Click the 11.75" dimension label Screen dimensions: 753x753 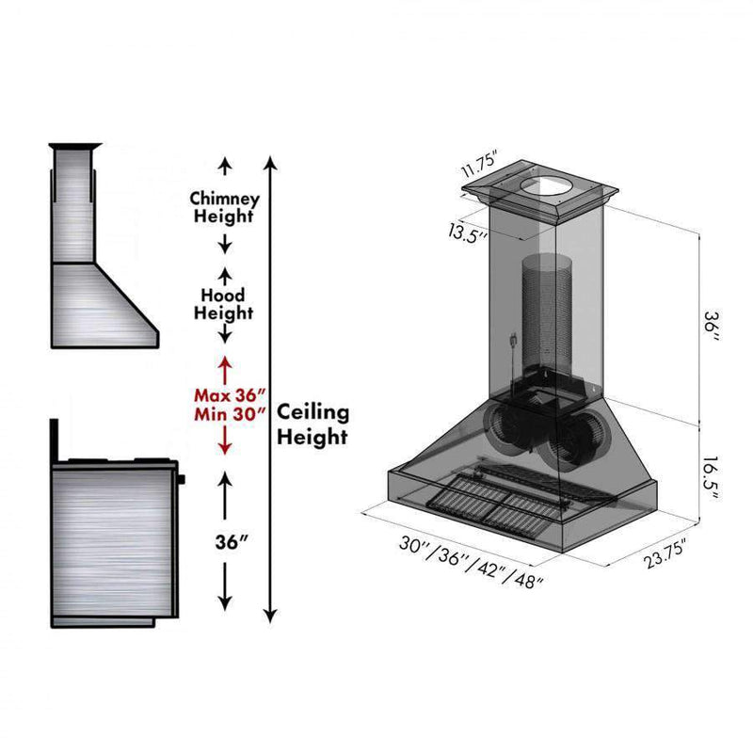point(478,163)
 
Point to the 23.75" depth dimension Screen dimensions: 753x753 point(665,553)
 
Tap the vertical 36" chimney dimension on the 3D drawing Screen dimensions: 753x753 point(712,326)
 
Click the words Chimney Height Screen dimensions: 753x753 point(224,207)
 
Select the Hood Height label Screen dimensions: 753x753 point(223,304)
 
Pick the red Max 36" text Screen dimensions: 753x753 point(230,395)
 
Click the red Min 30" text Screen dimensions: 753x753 point(230,414)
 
